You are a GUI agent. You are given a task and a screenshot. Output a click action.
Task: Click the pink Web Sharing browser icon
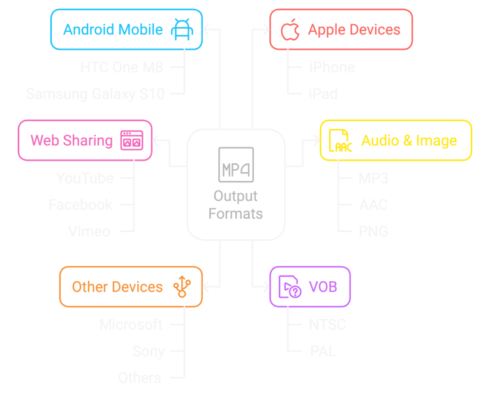[x=131, y=140]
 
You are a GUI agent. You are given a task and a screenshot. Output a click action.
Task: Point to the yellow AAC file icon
[x=339, y=140]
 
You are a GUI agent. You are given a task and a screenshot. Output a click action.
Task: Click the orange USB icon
[x=182, y=287]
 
